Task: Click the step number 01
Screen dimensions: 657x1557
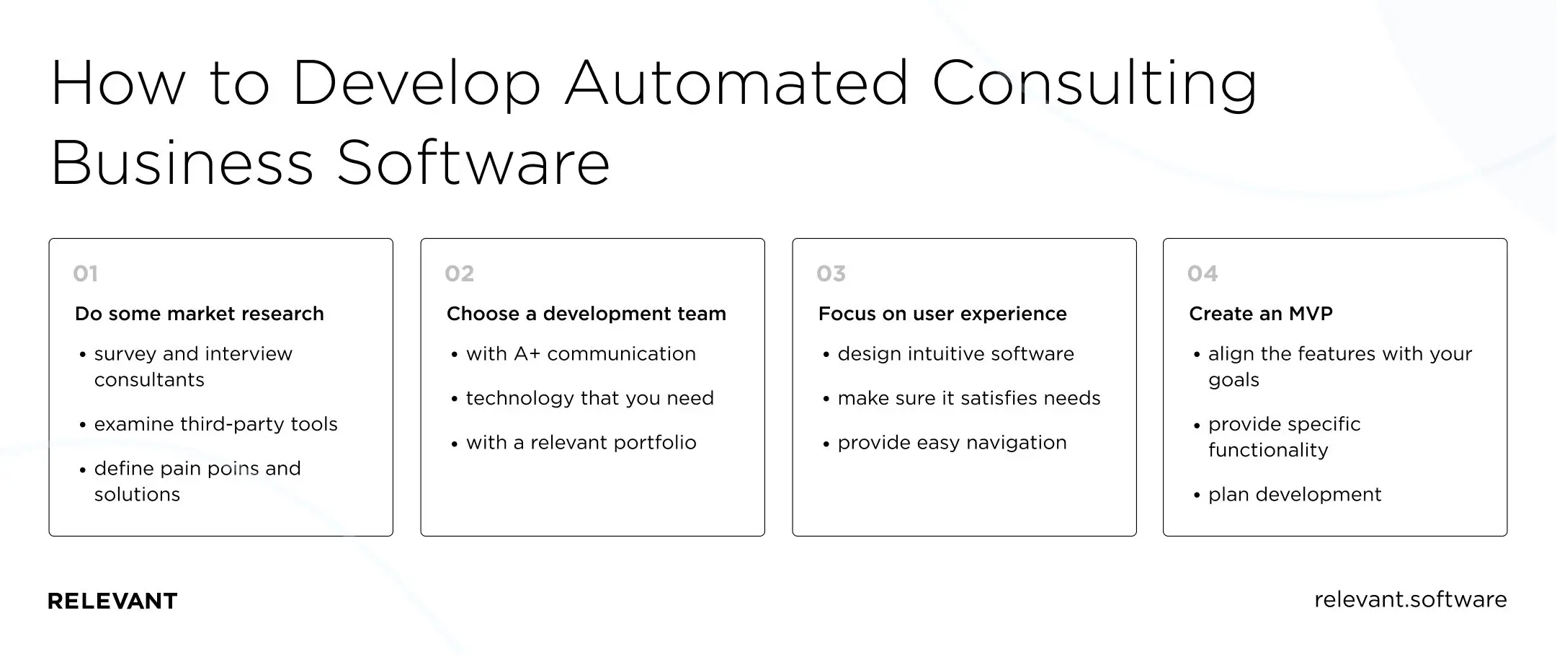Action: click(85, 274)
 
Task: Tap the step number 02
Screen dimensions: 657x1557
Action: click(459, 274)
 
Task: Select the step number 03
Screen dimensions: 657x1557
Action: click(831, 274)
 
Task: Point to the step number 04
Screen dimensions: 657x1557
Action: click(1203, 274)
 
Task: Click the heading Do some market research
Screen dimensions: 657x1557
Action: click(199, 314)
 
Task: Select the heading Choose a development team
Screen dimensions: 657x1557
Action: click(586, 314)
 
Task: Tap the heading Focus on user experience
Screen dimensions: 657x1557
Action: click(942, 314)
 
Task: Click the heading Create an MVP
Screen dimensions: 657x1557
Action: click(1260, 314)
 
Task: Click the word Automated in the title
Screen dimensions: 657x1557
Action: click(736, 83)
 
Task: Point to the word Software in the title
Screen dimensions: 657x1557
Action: click(473, 163)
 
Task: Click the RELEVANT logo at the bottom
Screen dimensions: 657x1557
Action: click(112, 601)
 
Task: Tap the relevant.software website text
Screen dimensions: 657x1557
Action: click(1410, 599)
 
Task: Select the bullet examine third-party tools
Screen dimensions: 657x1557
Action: click(215, 424)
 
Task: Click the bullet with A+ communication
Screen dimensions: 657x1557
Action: click(581, 354)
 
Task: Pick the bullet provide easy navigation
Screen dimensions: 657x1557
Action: click(952, 443)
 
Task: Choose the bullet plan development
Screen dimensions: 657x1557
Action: click(1294, 495)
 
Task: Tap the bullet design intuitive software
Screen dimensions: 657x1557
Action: click(955, 354)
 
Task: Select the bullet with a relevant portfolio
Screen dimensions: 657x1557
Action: click(581, 443)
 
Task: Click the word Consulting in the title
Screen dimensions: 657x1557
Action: click(1094, 83)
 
